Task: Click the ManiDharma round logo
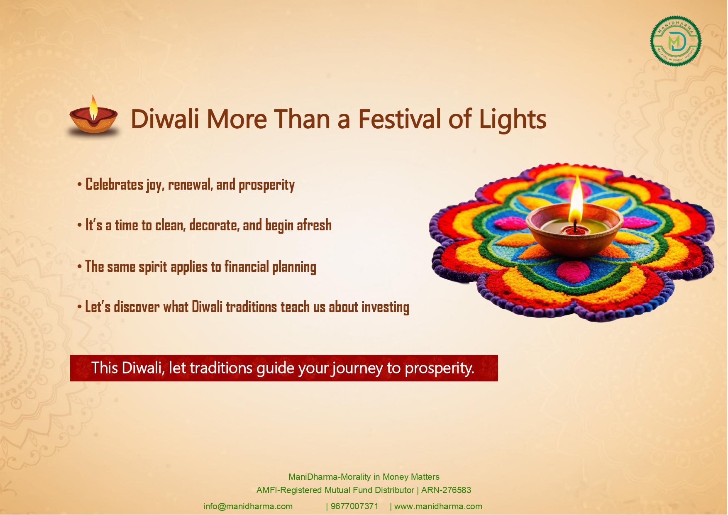point(676,41)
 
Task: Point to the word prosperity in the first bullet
point(266,185)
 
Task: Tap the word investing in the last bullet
point(385,308)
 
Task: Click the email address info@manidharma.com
point(248,506)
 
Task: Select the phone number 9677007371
point(354,506)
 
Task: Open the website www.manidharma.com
point(438,506)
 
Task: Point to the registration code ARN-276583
point(446,490)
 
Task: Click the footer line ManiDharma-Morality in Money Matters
point(364,477)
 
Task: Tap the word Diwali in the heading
point(165,119)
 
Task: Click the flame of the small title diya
point(94,107)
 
